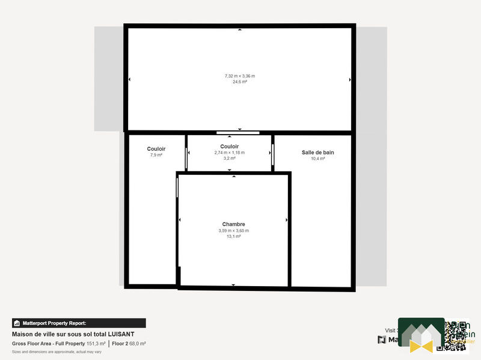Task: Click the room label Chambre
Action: tap(233, 224)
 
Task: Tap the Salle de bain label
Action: tap(317, 153)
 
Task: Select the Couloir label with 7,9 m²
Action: tap(156, 149)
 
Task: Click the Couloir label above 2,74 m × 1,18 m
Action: tap(230, 147)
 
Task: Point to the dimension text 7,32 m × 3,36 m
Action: tap(240, 76)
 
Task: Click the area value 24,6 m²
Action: tap(240, 82)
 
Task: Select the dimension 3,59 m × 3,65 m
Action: tap(233, 231)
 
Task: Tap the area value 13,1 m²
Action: tap(233, 237)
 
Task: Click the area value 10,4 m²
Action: tap(317, 159)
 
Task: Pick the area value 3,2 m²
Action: tap(230, 159)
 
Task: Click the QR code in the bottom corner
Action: tap(455, 335)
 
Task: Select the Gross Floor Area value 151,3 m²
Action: tap(96, 344)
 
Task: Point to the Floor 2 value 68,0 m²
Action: tap(137, 344)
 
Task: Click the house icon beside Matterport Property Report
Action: tap(17, 323)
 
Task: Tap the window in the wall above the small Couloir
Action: tap(238, 132)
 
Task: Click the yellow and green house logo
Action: tap(421, 337)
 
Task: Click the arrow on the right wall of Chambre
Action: tap(287, 221)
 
